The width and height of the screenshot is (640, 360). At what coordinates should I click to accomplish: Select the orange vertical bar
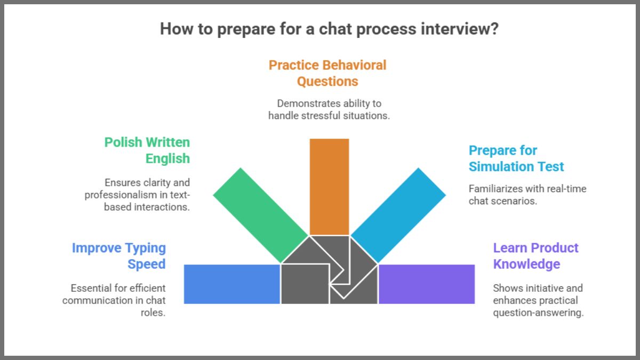[x=329, y=187]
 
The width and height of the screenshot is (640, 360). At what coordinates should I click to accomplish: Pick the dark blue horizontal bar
[x=232, y=284]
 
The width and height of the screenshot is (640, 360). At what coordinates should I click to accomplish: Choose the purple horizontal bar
[x=426, y=284]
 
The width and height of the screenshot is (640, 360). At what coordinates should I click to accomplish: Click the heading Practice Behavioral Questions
[x=327, y=73]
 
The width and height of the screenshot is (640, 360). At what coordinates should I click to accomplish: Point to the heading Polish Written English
[x=147, y=150]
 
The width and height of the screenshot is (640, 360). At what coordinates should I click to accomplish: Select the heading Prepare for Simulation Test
[x=516, y=158]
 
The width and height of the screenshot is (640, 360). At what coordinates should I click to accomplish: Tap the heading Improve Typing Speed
[x=119, y=256]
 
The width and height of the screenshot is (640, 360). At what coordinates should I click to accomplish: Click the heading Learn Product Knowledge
[x=535, y=256]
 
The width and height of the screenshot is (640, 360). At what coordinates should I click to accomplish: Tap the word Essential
[x=91, y=288]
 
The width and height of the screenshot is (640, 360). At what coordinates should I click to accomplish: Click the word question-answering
[x=538, y=313]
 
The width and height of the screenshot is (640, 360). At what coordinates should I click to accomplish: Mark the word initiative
[x=540, y=288]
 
